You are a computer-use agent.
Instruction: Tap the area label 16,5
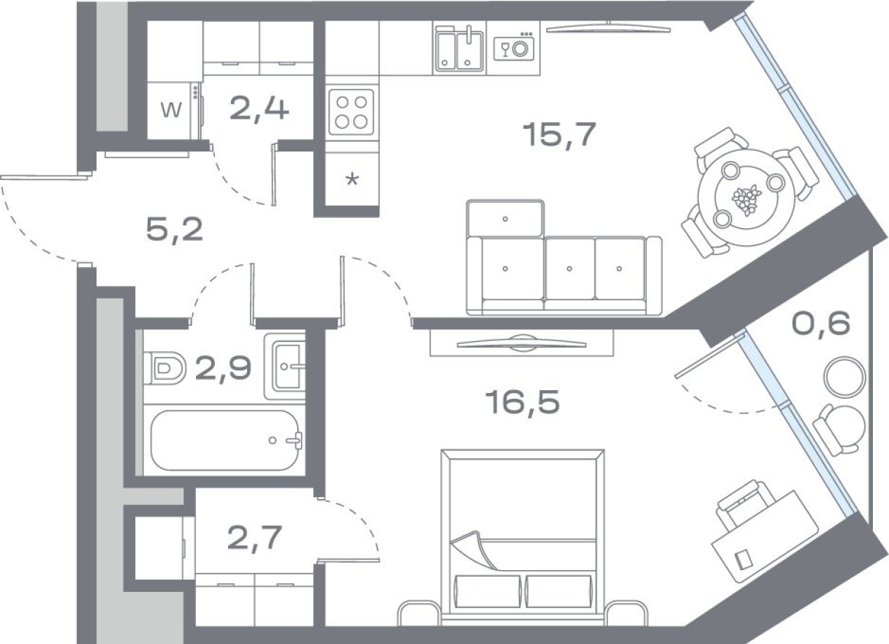tap(522, 402)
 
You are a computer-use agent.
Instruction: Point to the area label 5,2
tap(174, 231)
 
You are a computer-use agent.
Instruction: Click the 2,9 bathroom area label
tap(223, 370)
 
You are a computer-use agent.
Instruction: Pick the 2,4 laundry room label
tap(259, 109)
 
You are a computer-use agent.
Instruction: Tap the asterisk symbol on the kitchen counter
tap(352, 179)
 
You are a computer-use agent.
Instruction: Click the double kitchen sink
tap(459, 49)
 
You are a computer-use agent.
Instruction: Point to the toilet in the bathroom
tap(164, 367)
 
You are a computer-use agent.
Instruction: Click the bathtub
tap(226, 441)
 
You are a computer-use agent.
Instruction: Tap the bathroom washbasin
tap(288, 365)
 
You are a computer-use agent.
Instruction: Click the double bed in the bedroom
tap(523, 531)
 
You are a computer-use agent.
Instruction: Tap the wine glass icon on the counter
tap(504, 49)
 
